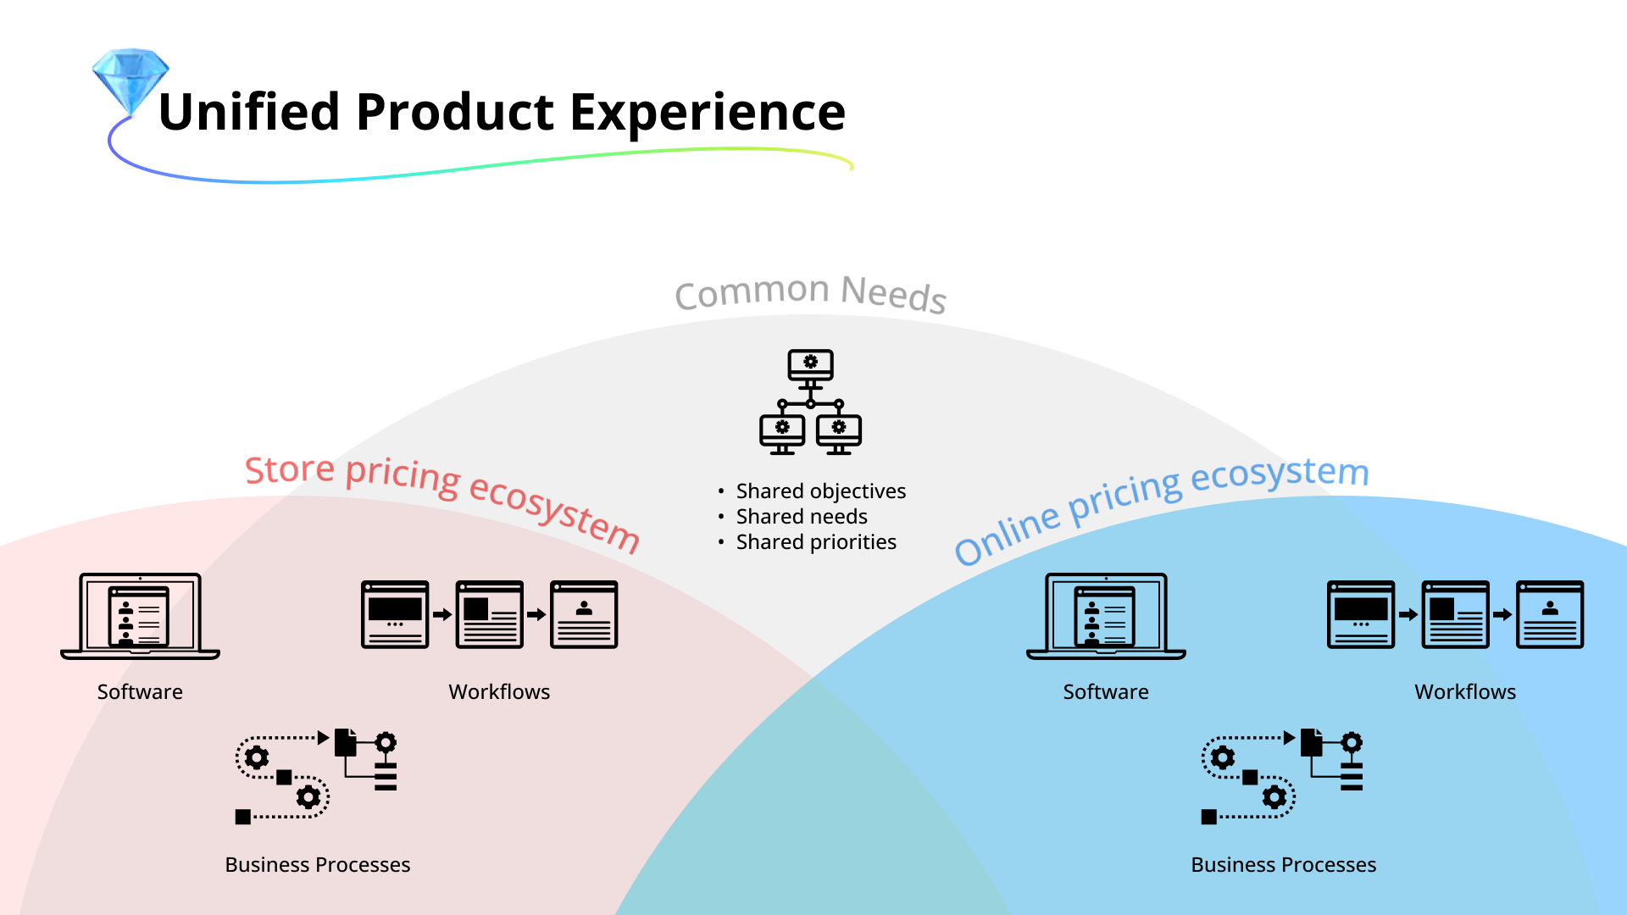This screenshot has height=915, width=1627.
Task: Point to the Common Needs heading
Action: point(810,293)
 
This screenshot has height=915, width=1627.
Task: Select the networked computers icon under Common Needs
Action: point(810,402)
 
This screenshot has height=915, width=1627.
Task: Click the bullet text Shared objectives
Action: point(820,491)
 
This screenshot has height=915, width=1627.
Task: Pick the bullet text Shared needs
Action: point(802,517)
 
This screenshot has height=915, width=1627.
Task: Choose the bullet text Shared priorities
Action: point(816,542)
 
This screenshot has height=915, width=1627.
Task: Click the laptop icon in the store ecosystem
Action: point(141,616)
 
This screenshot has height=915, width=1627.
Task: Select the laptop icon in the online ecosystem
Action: point(1106,616)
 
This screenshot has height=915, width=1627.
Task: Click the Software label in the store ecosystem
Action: point(140,692)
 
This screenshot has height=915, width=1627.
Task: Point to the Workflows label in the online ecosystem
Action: point(1465,692)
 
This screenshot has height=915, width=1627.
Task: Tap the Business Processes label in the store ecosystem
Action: point(318,865)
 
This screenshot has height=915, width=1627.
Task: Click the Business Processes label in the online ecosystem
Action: point(1283,865)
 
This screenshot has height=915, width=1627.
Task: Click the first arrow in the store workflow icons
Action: point(442,614)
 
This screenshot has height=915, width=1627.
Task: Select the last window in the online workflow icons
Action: point(1549,614)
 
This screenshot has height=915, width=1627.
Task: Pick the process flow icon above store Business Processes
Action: point(316,776)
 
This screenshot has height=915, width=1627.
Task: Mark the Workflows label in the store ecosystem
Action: point(499,692)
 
